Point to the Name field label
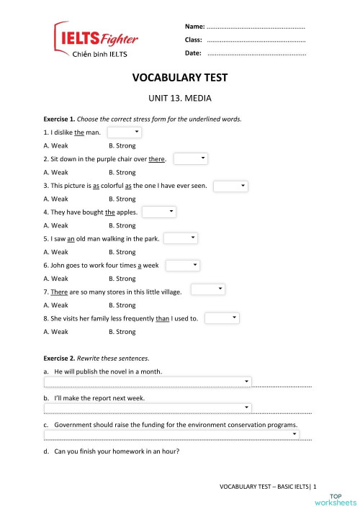(195, 26)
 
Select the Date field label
(193, 53)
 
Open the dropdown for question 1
(125, 132)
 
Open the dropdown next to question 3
(230, 186)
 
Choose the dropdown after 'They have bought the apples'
(159, 212)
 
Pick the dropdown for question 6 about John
(182, 265)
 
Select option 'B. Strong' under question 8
(122, 332)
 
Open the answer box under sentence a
(148, 382)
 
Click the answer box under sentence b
(148, 408)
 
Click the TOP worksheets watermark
(341, 499)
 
